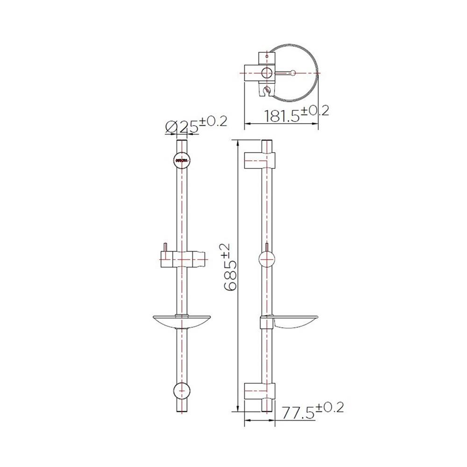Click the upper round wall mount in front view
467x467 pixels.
pyautogui.click(x=182, y=160)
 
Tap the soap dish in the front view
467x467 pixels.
pyautogui.click(x=182, y=322)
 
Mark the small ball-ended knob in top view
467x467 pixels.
pyautogui.click(x=292, y=73)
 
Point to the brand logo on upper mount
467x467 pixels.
pyautogui.click(x=182, y=161)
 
